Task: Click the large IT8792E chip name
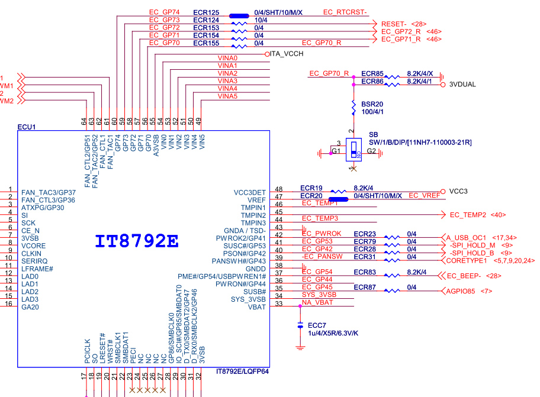pos(137,241)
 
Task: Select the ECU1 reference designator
pos(27,127)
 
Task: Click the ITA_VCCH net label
pos(287,54)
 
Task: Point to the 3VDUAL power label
pos(462,85)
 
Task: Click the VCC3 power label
pos(458,191)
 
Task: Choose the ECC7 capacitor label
pos(317,325)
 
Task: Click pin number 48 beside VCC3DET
pos(279,189)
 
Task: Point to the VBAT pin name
pos(256,307)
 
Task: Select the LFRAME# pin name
pos(37,269)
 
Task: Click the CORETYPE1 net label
pos(466,260)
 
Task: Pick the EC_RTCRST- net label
pos(345,12)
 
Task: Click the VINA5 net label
pos(227,96)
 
